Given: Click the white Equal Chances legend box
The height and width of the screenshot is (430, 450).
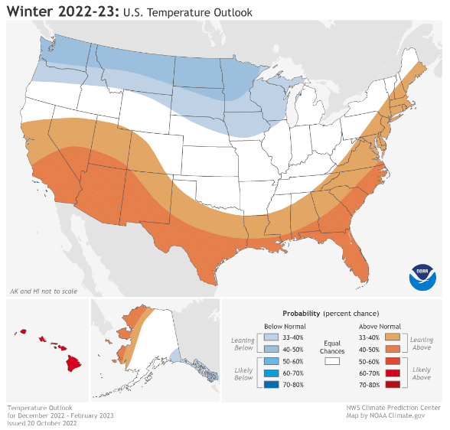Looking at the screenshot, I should (x=332, y=360).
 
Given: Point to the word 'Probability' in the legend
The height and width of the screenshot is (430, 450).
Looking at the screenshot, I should (x=302, y=314).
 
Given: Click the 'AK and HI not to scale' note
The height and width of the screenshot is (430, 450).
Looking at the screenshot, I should (x=39, y=292).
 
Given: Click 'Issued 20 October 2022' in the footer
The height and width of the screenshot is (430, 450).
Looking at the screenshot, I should (x=42, y=422).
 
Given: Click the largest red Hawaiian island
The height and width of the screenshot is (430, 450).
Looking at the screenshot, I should (x=73, y=362).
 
